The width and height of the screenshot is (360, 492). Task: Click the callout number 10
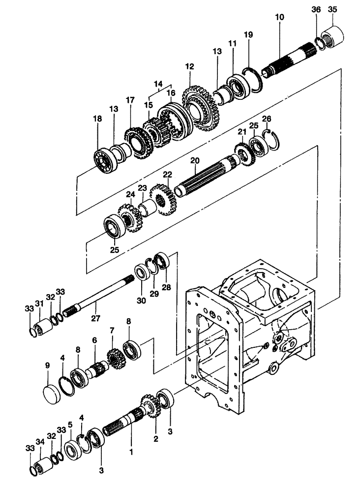(x=279, y=17)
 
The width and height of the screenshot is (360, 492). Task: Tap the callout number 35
(x=332, y=9)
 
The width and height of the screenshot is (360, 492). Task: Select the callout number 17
(x=130, y=100)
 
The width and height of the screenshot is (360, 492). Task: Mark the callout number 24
(x=130, y=194)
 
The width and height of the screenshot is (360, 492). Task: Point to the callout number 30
(x=142, y=301)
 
